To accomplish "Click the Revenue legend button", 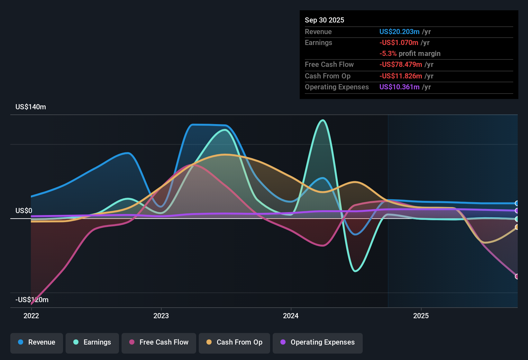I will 37,342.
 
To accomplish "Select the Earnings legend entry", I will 92,342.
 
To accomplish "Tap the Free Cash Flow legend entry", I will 159,342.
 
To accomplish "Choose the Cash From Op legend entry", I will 234,342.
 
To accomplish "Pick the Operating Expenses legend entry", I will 318,342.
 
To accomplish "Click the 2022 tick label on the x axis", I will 31,316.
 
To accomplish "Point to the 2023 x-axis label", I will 161,316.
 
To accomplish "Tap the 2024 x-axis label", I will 291,316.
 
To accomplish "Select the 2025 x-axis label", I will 421,316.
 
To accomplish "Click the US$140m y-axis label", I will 31,107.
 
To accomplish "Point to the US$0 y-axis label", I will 24,211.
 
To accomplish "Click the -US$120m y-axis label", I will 32,300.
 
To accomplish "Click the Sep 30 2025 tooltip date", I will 324,20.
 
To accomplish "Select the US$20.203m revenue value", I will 399,32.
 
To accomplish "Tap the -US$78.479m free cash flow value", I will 400,65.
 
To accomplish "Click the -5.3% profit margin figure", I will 388,54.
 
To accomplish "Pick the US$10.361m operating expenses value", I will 399,87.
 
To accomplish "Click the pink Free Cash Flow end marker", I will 517,276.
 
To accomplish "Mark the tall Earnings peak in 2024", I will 323,121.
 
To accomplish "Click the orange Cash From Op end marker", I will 517,227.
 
